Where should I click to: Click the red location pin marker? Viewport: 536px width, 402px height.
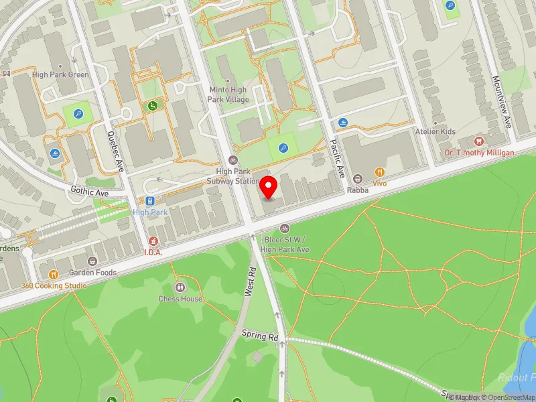coord(269,188)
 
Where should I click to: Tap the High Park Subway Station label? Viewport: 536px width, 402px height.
coord(232,176)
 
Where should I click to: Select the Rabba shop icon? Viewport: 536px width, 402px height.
coord(358,179)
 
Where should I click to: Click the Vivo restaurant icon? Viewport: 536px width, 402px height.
coord(379,172)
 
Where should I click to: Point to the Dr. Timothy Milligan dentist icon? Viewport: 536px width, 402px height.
coord(478,141)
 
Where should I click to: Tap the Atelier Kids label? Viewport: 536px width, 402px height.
coord(435,131)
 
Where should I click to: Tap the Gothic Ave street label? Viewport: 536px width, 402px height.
coord(89,192)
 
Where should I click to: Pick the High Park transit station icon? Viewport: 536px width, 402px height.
coord(149,200)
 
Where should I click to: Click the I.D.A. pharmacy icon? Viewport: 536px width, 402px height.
coord(153,241)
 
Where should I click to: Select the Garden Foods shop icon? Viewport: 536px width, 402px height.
coord(92,261)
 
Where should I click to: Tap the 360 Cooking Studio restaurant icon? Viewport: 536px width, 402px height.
coord(53,274)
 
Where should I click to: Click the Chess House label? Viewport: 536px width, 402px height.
coord(180,298)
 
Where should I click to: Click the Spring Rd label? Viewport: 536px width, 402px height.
coord(260,336)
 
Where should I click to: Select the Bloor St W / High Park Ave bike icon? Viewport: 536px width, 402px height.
coord(285,228)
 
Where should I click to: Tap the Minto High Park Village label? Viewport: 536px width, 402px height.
coord(228,94)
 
